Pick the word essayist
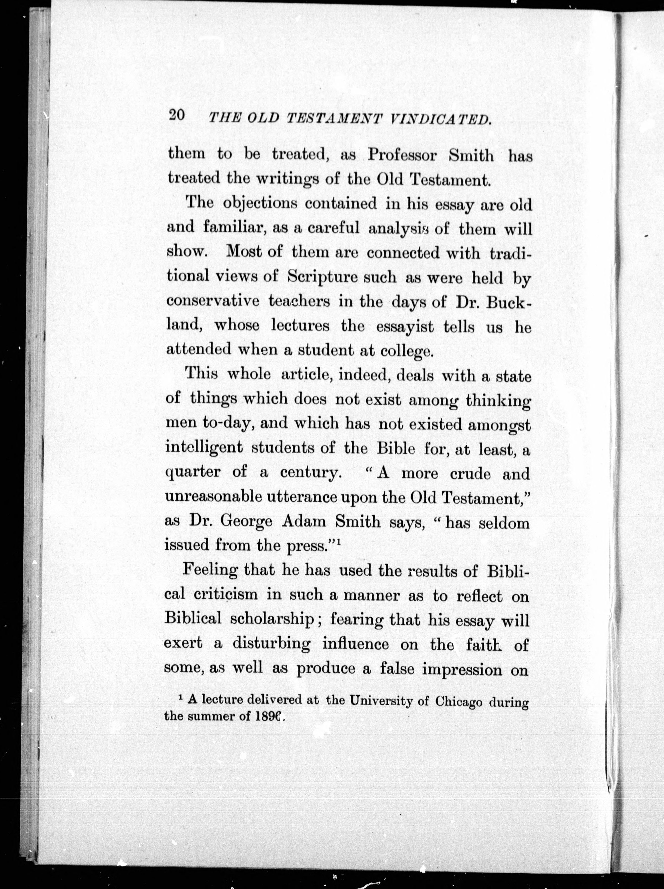pos(405,327)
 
